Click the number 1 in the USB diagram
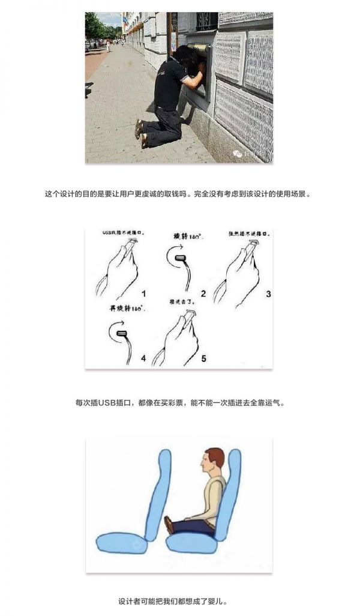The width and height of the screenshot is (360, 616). pos(143,294)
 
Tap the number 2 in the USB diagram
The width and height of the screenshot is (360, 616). pos(203,294)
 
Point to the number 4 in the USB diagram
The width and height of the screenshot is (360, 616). pos(143,358)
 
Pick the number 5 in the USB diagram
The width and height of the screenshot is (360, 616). pos(203,358)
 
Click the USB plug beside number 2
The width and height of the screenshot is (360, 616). pos(180,259)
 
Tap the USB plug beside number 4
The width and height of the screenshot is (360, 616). pos(122,332)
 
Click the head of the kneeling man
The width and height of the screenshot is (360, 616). pos(183,57)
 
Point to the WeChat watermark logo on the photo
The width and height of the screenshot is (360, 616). pos(238,154)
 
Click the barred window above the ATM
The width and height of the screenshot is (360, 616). pos(206,22)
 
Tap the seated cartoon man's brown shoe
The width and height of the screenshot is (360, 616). pos(170,525)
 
